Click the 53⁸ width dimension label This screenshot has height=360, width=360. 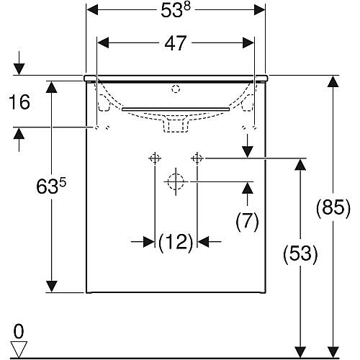(176, 10)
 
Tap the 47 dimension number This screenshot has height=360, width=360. (176, 43)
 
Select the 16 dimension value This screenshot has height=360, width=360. (19, 102)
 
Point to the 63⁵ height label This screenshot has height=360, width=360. (51, 186)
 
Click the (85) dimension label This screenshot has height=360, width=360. (333, 207)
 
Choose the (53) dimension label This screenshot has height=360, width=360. (300, 253)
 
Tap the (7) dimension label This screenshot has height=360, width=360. (247, 221)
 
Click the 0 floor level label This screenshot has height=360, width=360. (19, 332)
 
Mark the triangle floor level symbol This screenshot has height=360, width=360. (19, 349)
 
